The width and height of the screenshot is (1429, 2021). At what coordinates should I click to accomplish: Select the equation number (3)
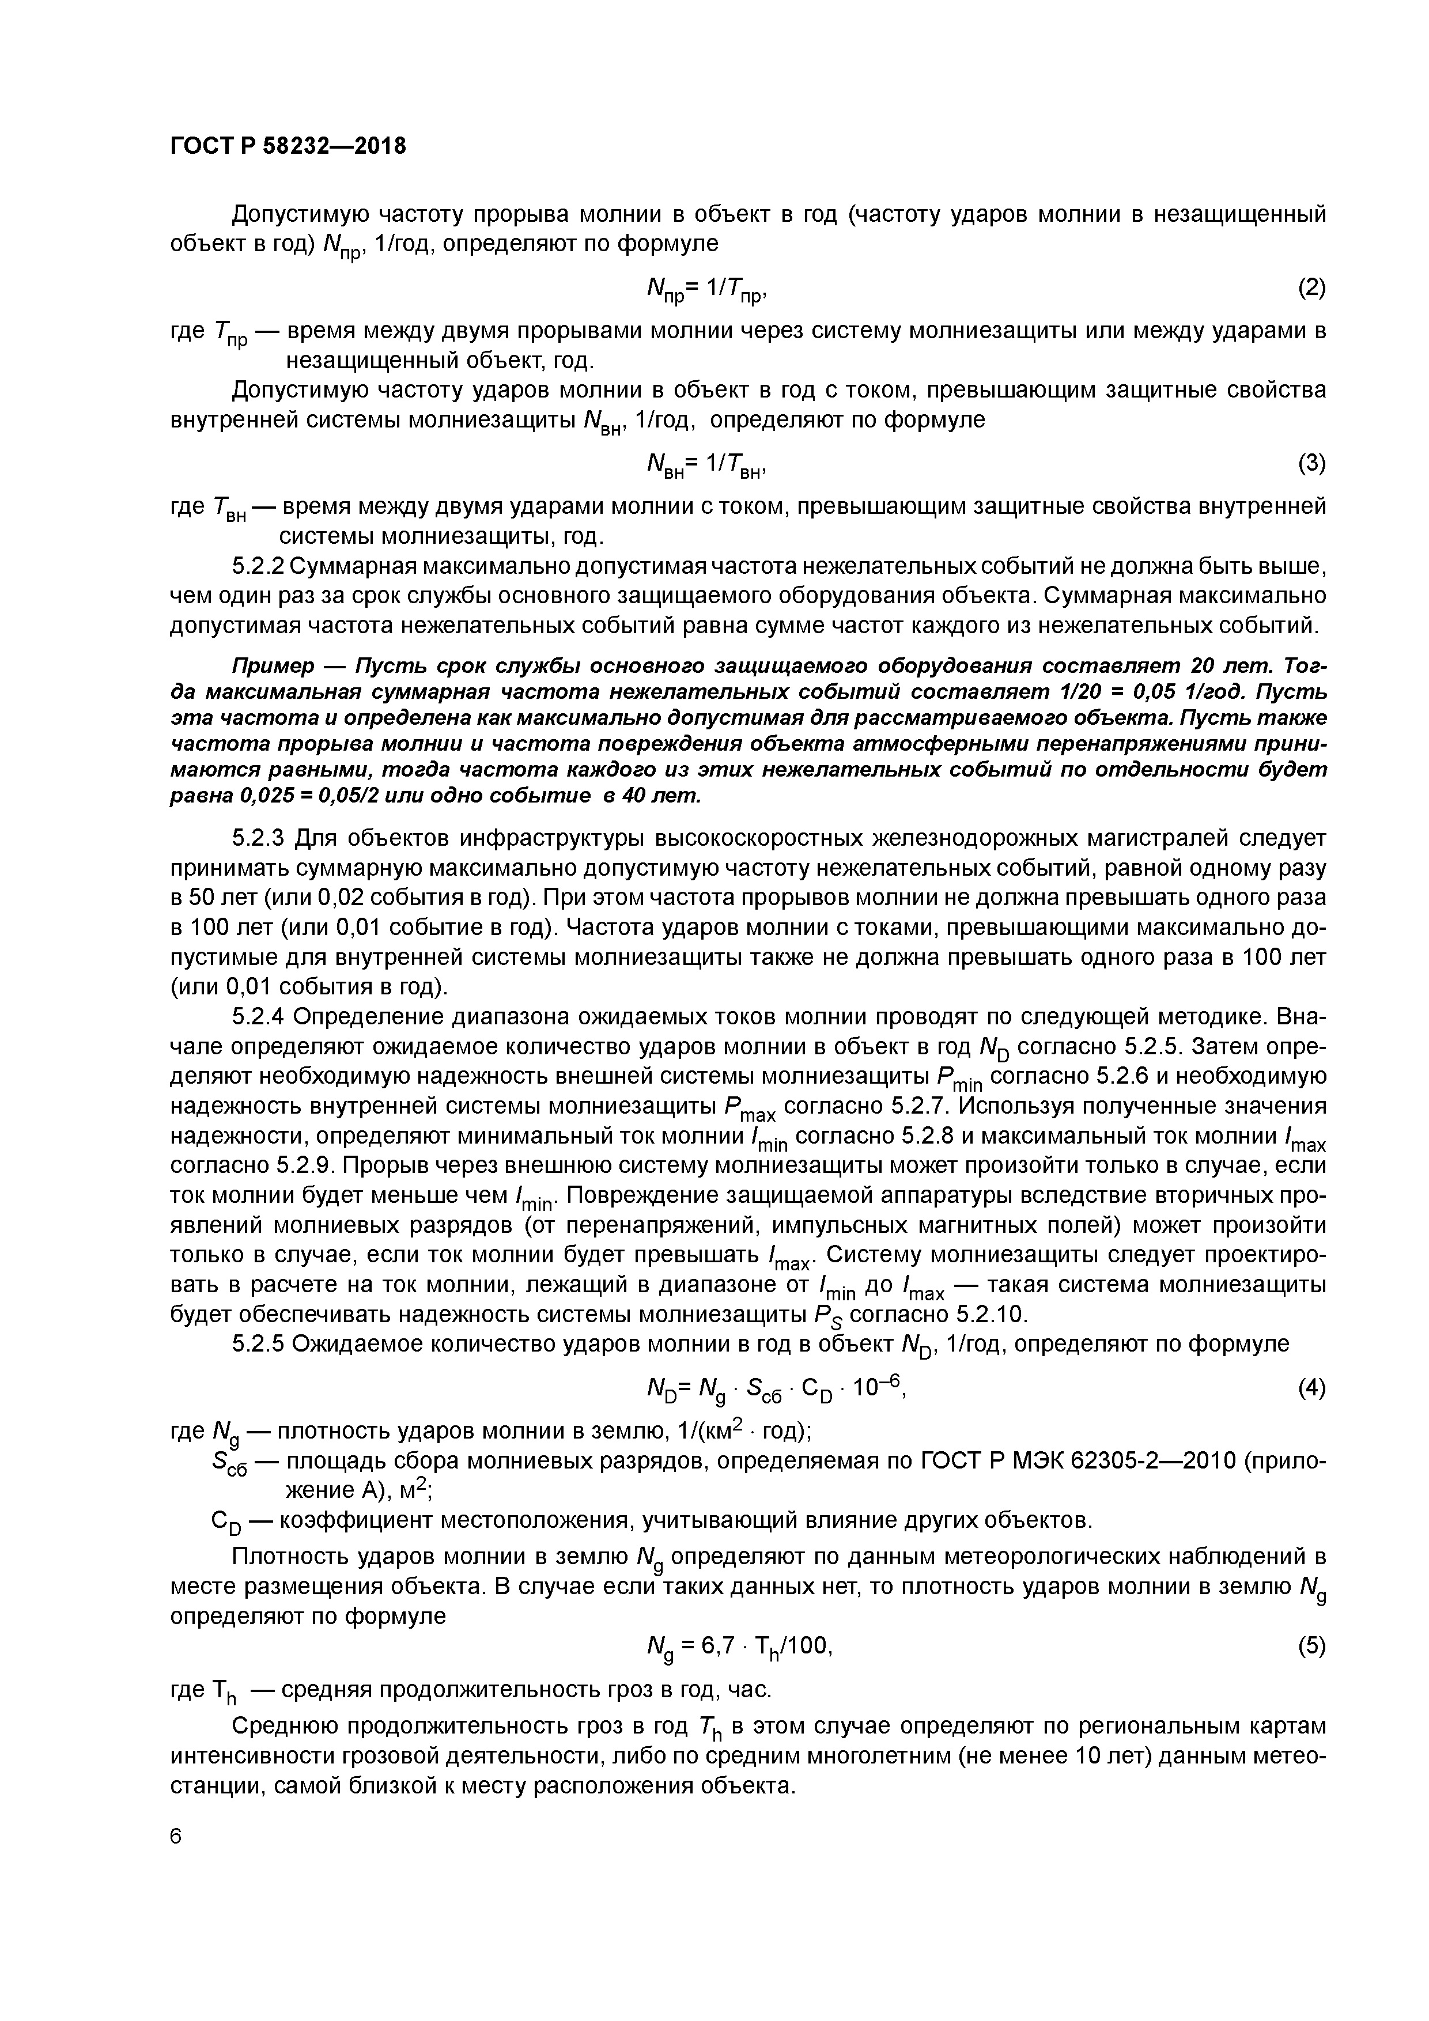[x=1311, y=463]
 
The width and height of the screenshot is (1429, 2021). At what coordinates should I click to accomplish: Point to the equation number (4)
[x=1311, y=1388]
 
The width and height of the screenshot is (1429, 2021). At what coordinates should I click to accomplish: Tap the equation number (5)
[x=1311, y=1645]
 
